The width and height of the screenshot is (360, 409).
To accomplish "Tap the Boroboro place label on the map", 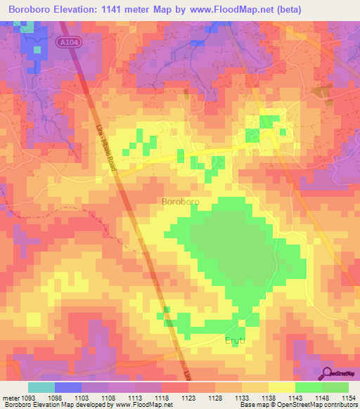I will point(181,202).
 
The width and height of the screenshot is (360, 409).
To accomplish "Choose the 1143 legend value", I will point(294,398).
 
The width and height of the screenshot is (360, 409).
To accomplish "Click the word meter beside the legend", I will point(10,398).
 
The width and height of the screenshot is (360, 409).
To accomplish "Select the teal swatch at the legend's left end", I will point(41,387).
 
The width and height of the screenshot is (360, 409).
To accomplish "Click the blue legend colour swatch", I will point(68,387).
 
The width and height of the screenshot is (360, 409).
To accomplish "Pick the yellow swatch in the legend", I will point(281,387).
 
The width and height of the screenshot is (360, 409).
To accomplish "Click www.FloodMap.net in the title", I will point(247,8).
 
